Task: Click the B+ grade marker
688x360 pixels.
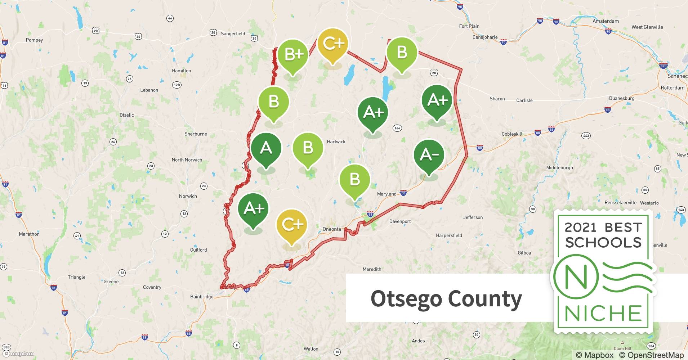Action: (293, 55)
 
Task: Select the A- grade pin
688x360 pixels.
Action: (429, 155)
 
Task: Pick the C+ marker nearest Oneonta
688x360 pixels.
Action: (292, 225)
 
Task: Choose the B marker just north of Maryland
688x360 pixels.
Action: (354, 179)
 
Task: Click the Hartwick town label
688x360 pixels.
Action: (336, 142)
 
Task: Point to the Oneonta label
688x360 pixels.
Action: (331, 229)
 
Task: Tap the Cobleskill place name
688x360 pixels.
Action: (512, 134)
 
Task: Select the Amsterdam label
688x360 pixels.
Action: (606, 21)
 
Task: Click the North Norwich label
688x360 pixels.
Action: (187, 160)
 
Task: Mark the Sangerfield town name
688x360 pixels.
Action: (233, 34)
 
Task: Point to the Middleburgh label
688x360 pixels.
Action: (559, 168)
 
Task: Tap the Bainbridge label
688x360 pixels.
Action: (202, 297)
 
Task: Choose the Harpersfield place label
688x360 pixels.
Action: (449, 235)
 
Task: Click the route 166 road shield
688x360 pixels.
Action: (397, 128)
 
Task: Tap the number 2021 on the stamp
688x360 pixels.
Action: (580, 228)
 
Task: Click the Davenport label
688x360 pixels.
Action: (400, 221)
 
